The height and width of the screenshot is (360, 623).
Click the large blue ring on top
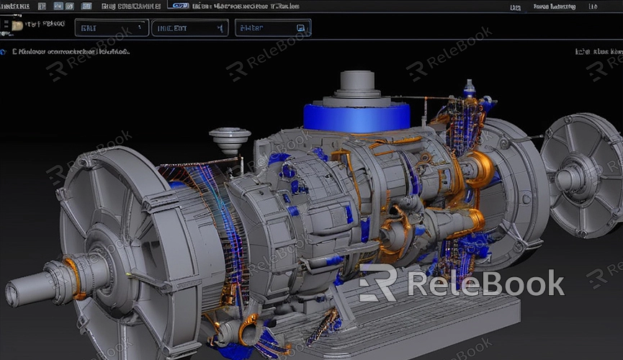[x=357, y=117]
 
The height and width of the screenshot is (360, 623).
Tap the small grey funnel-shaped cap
[x=230, y=138]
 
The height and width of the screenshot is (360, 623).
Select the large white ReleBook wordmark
[x=485, y=284]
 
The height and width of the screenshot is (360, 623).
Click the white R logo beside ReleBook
[x=377, y=283]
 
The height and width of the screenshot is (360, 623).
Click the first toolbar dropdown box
[x=112, y=28]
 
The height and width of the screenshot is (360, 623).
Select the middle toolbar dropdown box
[x=190, y=28]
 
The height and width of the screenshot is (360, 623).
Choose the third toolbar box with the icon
[x=273, y=28]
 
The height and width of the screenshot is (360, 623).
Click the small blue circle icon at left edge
[x=4, y=52]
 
